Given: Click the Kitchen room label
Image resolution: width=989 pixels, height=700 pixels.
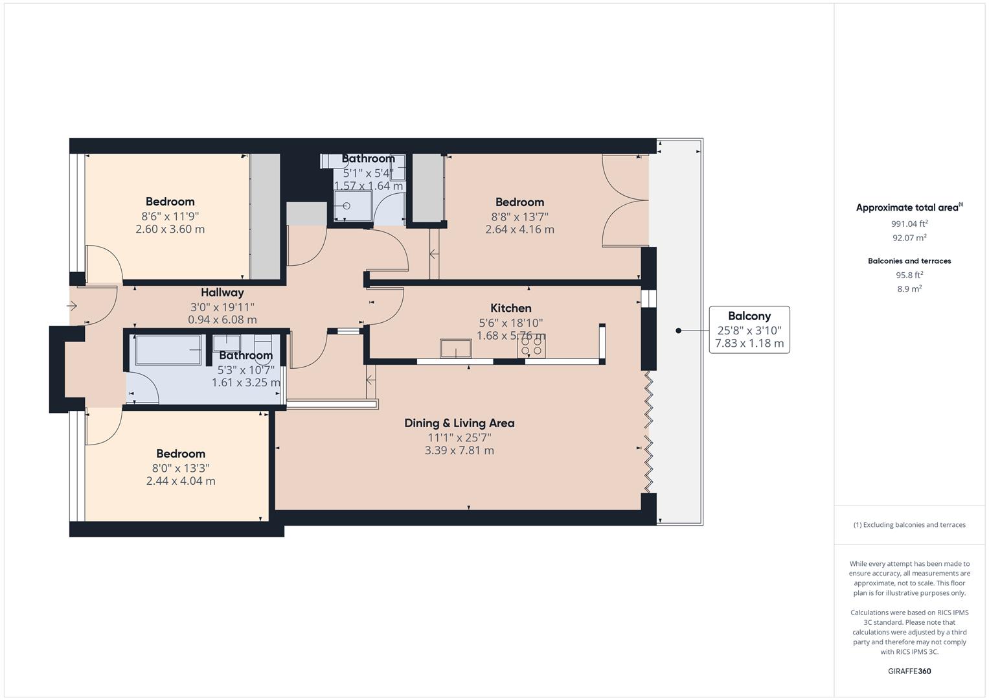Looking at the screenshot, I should [x=510, y=309].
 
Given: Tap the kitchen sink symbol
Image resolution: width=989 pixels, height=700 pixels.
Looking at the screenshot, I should [x=455, y=348].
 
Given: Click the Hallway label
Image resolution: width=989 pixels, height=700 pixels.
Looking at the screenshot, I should [x=222, y=293].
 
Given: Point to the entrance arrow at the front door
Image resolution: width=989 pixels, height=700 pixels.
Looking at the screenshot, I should [x=73, y=305].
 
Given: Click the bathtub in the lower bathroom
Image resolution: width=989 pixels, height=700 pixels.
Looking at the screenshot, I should [x=168, y=350].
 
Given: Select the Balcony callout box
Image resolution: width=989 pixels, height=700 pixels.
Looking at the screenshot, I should [x=749, y=330].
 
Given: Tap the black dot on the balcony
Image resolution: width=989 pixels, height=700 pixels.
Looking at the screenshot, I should [x=678, y=331].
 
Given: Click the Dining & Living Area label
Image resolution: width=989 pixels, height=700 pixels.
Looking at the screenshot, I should [x=459, y=423].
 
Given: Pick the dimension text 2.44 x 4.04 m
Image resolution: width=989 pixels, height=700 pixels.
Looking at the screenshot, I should [x=181, y=481].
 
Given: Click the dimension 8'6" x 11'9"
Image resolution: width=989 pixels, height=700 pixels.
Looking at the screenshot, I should [x=170, y=216].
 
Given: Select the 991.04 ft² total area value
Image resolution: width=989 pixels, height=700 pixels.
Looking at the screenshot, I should [x=909, y=224].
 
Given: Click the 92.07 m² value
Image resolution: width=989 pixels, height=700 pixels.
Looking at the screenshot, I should [x=909, y=238].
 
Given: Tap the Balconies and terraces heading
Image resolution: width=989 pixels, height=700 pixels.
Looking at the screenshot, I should [x=909, y=261].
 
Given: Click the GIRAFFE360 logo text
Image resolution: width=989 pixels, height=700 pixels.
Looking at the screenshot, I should [x=909, y=671].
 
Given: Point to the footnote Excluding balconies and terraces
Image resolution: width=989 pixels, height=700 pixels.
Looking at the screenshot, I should [x=909, y=525].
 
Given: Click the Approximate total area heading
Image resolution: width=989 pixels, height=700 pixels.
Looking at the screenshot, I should [x=908, y=208].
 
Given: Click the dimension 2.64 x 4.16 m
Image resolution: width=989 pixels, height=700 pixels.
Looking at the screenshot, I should [x=519, y=229].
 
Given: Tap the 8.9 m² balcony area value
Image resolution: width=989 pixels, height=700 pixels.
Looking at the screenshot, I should [x=909, y=289].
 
